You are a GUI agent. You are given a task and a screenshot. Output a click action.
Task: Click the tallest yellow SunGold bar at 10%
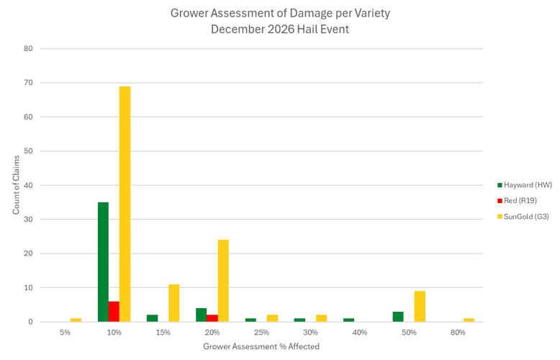125,204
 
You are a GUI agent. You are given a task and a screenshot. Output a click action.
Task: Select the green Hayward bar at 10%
103,262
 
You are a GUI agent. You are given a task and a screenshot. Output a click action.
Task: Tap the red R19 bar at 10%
114,312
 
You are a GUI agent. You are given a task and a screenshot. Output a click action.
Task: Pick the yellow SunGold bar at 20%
223,281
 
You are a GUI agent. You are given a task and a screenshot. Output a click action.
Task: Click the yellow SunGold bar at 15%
173,303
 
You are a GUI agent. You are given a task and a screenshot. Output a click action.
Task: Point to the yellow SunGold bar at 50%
420,307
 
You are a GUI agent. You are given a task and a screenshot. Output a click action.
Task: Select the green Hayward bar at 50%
398,317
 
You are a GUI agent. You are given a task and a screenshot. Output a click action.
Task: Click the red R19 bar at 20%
212,318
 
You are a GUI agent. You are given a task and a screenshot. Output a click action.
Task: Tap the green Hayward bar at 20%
202,315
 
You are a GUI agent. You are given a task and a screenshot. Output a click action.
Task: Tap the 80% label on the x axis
458,333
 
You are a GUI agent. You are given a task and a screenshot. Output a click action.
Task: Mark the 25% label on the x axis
261,333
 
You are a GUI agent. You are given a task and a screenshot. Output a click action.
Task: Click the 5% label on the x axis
65,333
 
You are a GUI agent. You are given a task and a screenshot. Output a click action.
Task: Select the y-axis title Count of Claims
16,185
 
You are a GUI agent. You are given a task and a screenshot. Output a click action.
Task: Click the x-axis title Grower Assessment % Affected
261,346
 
